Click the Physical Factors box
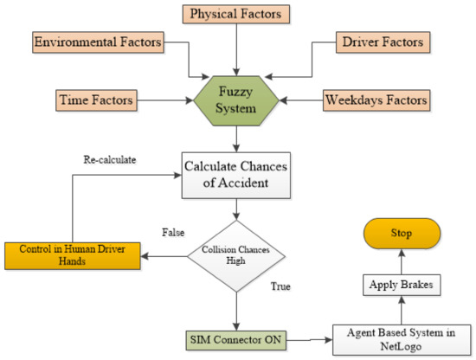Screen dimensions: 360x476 235,15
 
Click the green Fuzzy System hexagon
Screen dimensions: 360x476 236,100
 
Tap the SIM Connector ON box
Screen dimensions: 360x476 236,336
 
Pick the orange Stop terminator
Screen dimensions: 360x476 400,233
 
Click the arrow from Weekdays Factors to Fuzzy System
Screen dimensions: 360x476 301,100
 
